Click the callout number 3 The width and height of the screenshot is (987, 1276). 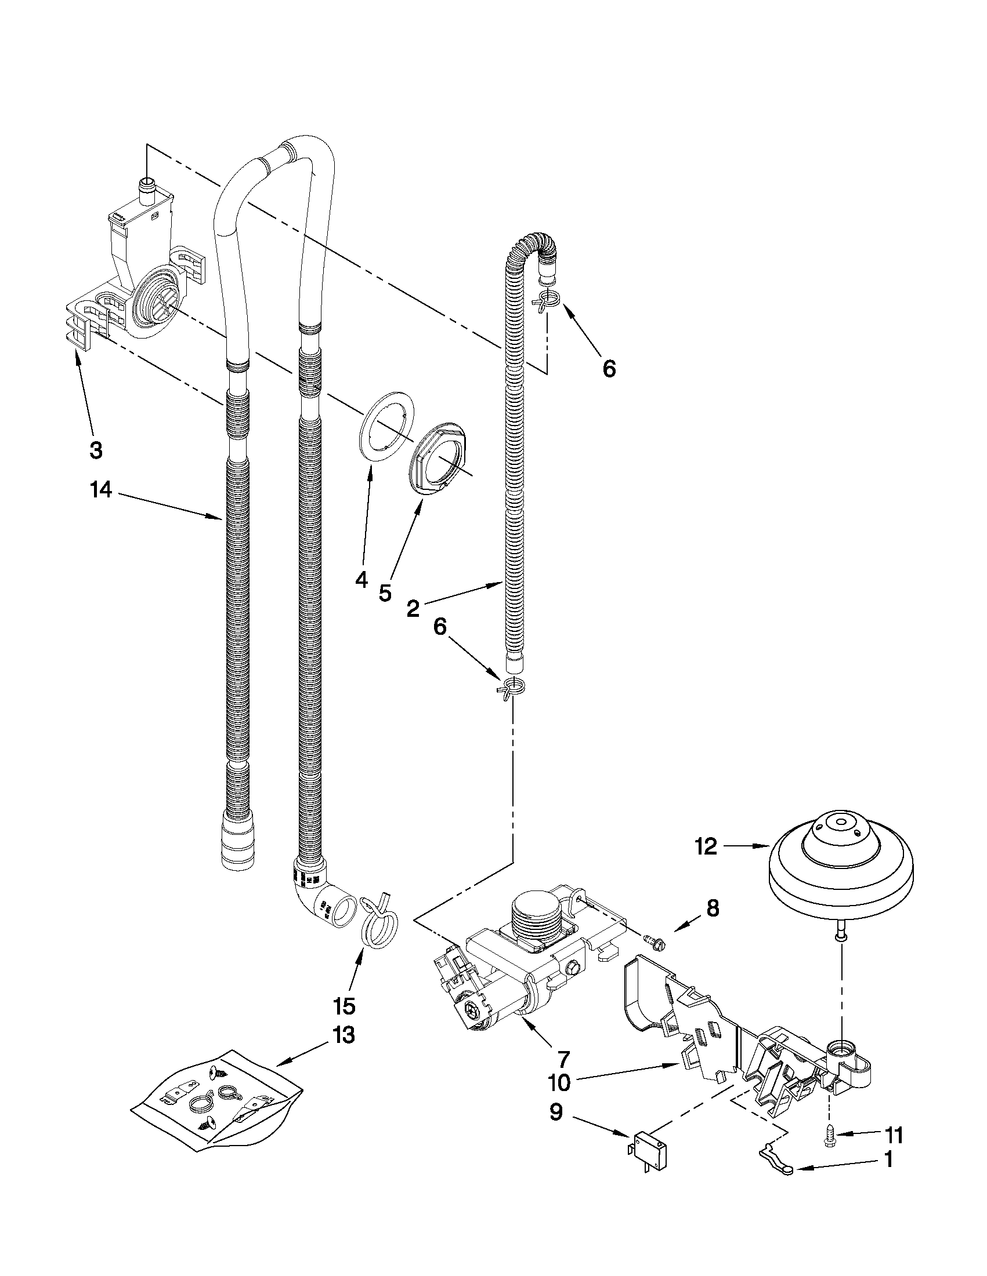pyautogui.click(x=96, y=449)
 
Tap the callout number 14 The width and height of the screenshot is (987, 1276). pyautogui.click(x=100, y=490)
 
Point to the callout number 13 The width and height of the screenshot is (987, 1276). pyautogui.click(x=344, y=1035)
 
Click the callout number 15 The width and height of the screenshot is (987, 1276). pyautogui.click(x=344, y=1005)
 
